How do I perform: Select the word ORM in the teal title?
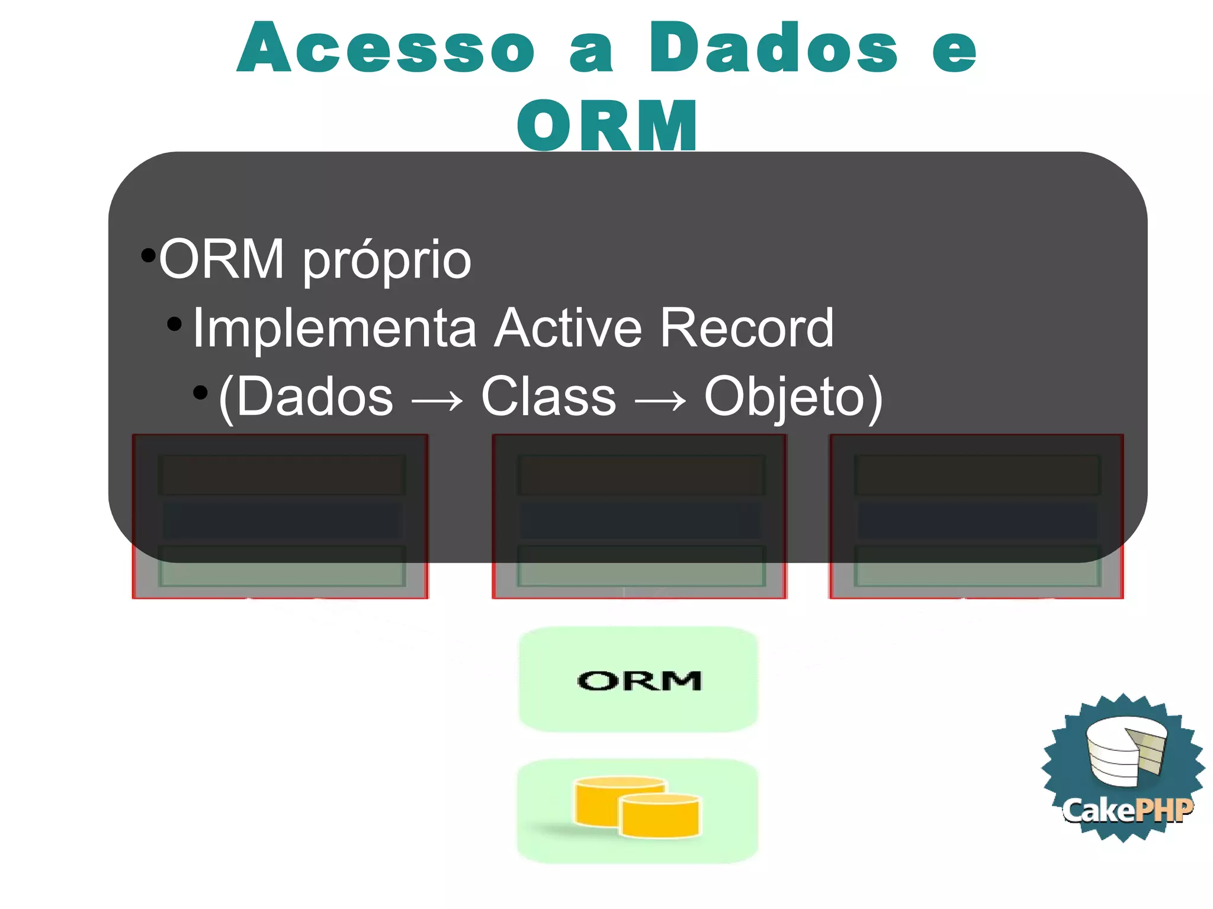pyautogui.click(x=606, y=126)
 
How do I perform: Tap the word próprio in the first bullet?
pyautogui.click(x=387, y=261)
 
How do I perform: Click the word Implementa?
pyautogui.click(x=335, y=328)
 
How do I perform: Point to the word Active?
pyautogui.click(x=568, y=328)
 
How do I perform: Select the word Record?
pyautogui.click(x=746, y=328)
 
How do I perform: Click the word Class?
pyautogui.click(x=548, y=397)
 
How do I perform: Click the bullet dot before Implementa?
pyautogui.click(x=174, y=323)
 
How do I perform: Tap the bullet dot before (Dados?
pyautogui.click(x=201, y=392)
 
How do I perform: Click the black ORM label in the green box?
pyautogui.click(x=639, y=681)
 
